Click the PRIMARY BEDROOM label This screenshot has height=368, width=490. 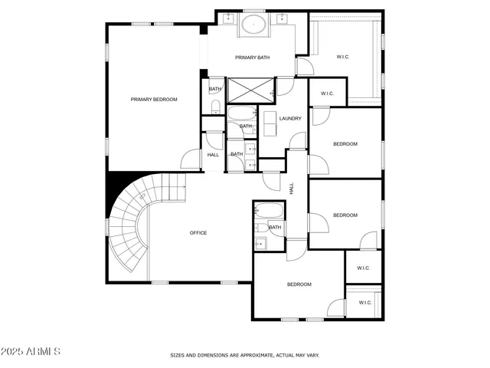(154, 100)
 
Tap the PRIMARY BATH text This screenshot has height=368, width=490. (252, 58)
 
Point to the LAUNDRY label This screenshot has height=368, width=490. (290, 119)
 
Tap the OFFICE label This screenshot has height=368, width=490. (198, 233)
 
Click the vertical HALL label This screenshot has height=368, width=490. (292, 187)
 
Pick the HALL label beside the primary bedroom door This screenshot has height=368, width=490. (213, 155)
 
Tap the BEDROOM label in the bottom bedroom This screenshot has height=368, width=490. (299, 284)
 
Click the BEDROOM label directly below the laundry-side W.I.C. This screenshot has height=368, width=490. (345, 144)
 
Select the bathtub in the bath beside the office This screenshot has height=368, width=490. (269, 211)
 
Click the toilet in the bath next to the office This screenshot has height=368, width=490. (263, 228)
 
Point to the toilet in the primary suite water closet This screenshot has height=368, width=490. (216, 106)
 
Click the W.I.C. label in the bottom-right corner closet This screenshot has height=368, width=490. (365, 303)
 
